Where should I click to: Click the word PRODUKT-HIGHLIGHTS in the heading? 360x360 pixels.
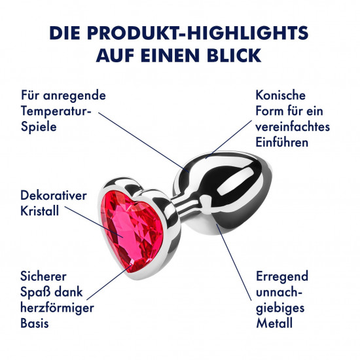pyautogui.click(x=198, y=33)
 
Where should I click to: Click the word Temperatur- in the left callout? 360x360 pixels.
pyautogui.click(x=56, y=111)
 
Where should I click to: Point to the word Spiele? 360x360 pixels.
pyautogui.click(x=39, y=127)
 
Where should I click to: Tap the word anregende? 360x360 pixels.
pyautogui.click(x=75, y=96)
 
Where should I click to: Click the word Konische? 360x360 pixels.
pyautogui.click(x=281, y=95)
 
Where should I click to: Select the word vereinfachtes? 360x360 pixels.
pyautogui.click(x=293, y=127)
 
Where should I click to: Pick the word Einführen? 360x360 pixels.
pyautogui.click(x=282, y=142)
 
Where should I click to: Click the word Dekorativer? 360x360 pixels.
pyautogui.click(x=54, y=196)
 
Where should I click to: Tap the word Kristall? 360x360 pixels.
pyautogui.click(x=40, y=211)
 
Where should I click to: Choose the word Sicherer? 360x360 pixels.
pyautogui.click(x=43, y=276)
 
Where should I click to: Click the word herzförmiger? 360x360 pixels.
pyautogui.click(x=57, y=308)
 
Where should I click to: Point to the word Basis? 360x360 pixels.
pyautogui.click(x=35, y=323)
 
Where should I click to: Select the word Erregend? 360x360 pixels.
pyautogui.click(x=282, y=277)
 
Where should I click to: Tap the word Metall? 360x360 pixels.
pyautogui.click(x=274, y=323)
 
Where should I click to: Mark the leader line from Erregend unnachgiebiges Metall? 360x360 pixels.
pyautogui.click(x=234, y=262)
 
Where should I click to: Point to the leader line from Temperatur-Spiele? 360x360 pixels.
pyautogui.click(x=144, y=142)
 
